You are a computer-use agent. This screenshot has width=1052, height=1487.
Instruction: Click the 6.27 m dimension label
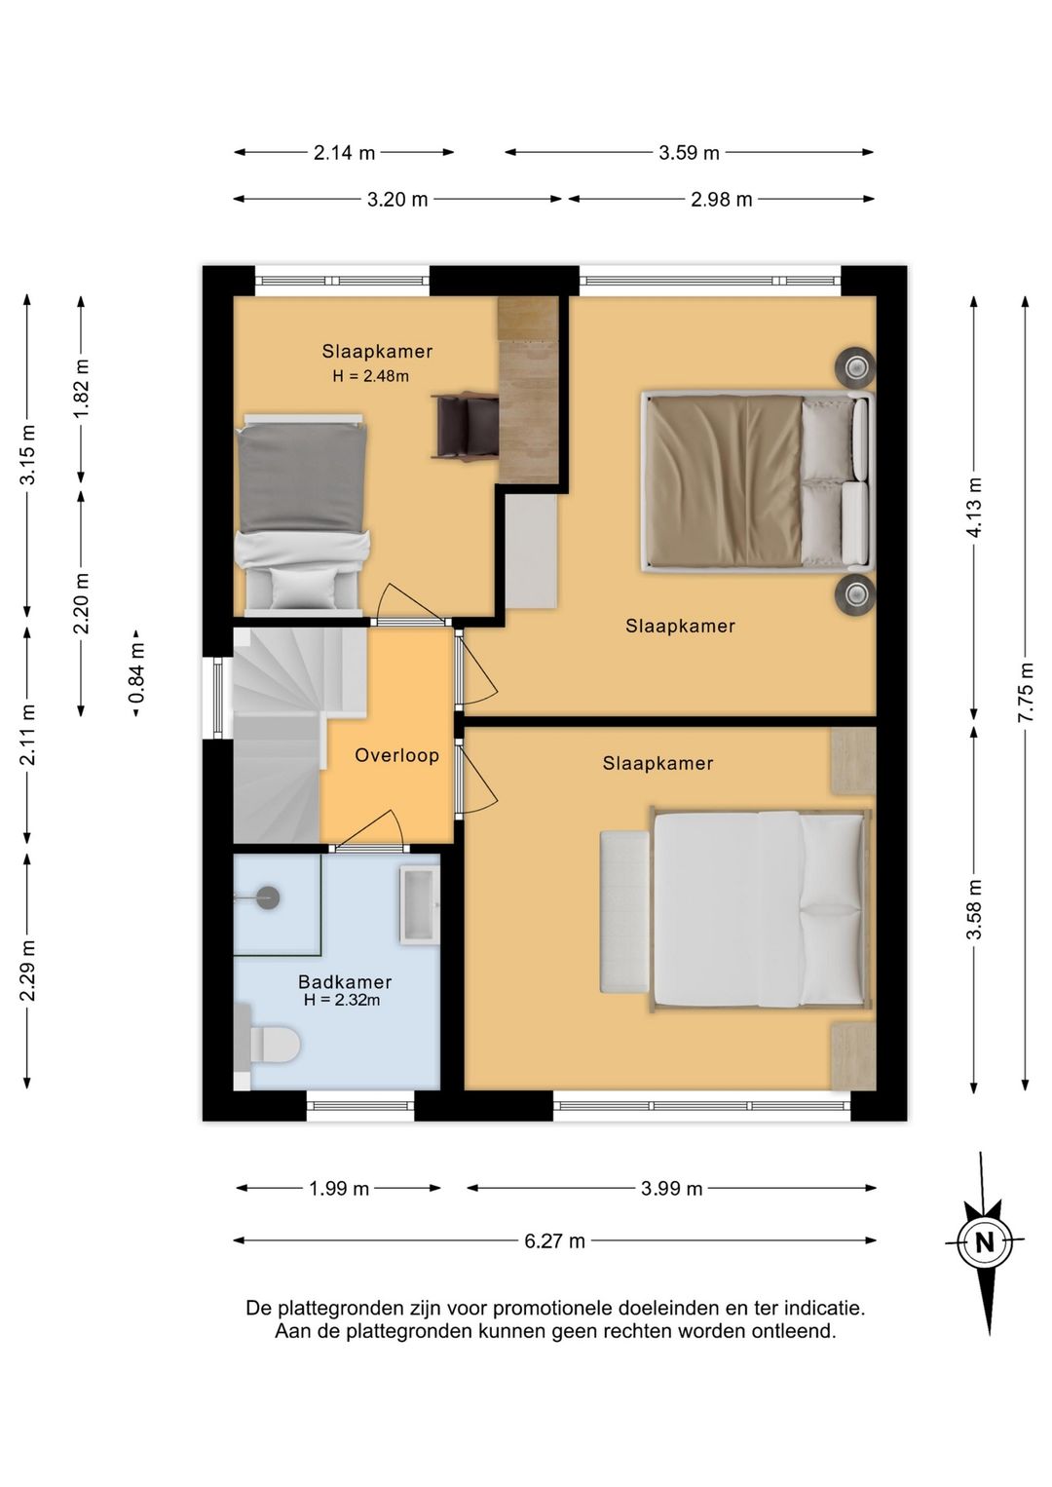click(x=554, y=1240)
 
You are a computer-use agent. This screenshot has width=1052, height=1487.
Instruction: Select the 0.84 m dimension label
click(x=136, y=673)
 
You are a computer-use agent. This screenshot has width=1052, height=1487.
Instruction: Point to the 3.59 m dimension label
click(x=689, y=153)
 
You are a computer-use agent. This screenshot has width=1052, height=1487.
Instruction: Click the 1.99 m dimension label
click(x=339, y=1188)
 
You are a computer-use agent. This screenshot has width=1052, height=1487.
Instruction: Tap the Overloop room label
click(x=396, y=755)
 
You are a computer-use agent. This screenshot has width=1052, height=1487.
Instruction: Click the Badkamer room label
click(x=345, y=981)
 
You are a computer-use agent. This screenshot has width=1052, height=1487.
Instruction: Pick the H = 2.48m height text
click(x=371, y=376)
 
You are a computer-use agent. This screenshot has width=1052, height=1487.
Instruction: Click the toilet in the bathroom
click(x=268, y=1045)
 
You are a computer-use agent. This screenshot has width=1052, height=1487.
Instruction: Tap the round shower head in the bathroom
click(x=268, y=898)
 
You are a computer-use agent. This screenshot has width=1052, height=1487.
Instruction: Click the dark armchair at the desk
click(x=465, y=426)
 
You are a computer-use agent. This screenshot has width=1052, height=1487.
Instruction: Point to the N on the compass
click(x=985, y=1241)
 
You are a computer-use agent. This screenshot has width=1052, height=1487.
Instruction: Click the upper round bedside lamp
click(x=855, y=365)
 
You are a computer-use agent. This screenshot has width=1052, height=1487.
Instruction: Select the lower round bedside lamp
click(x=855, y=593)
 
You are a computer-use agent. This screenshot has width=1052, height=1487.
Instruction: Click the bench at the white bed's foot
click(x=624, y=911)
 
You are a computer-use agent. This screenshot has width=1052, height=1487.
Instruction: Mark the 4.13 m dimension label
click(x=974, y=507)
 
